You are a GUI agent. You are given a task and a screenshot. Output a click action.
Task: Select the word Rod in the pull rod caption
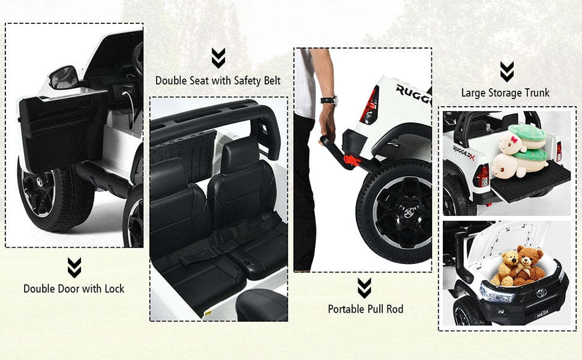click(x=395, y=309)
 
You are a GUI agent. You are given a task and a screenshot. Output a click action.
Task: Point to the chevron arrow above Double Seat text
click(x=218, y=58)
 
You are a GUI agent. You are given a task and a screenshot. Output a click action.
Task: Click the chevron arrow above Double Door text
click(x=74, y=268)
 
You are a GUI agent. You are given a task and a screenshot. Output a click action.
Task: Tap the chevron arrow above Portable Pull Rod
click(x=364, y=288)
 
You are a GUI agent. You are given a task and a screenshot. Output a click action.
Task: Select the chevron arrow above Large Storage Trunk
click(x=506, y=71)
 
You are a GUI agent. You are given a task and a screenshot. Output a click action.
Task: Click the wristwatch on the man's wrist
click(x=329, y=100)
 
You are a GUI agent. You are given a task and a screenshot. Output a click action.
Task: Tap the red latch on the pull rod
click(x=350, y=161)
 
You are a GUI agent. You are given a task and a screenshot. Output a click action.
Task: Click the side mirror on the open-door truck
click(x=63, y=77)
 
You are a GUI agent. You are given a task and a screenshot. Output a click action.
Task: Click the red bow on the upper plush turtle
click(x=514, y=140)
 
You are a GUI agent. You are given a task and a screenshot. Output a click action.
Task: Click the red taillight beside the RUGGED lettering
click(x=370, y=105)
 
